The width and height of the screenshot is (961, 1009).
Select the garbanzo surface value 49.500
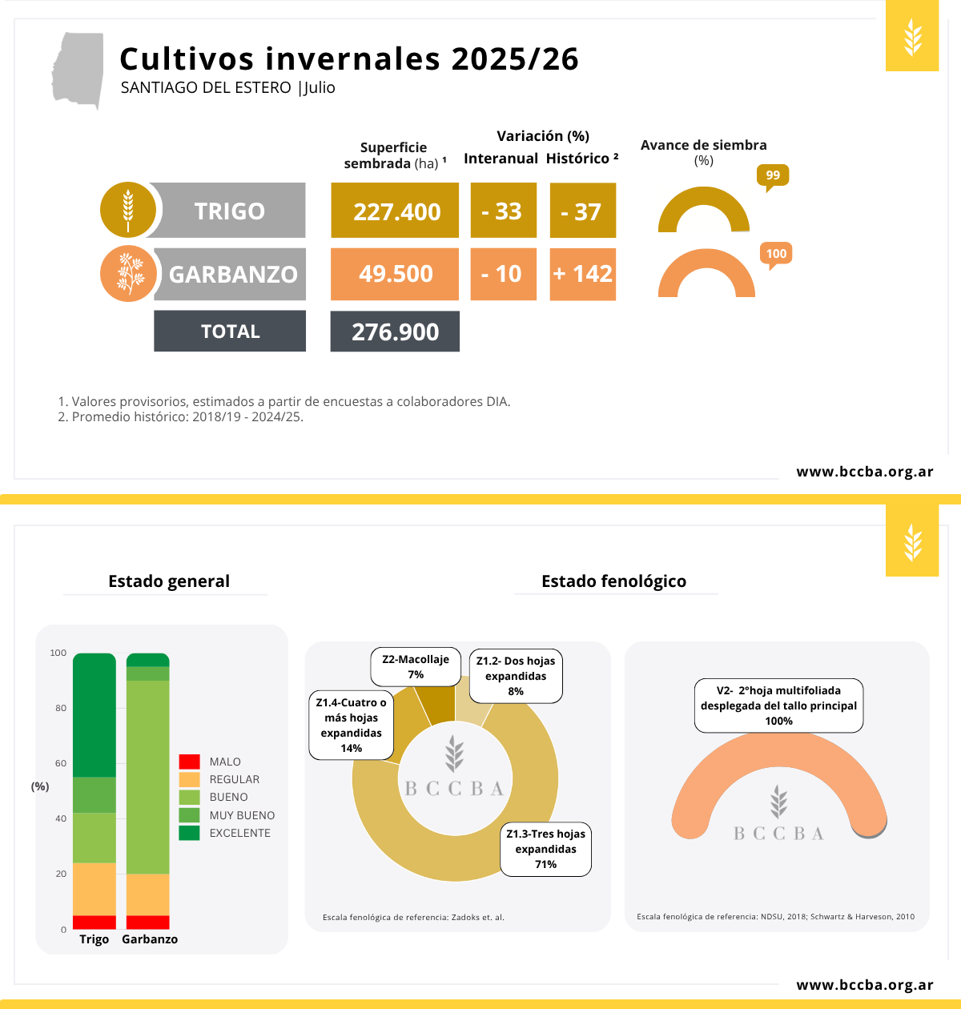coord(395,274)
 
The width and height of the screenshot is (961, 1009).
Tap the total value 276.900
coord(395,332)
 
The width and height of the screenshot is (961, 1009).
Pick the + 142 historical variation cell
coord(583,274)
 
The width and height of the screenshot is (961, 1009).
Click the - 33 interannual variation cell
coord(502,211)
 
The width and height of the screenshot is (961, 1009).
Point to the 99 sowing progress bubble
coord(773,175)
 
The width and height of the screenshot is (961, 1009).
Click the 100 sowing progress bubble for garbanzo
coord(776,254)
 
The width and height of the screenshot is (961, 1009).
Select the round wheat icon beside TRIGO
coord(128,210)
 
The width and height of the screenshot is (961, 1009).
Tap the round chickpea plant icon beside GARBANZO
coord(128,274)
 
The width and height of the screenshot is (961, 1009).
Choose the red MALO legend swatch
coord(189,762)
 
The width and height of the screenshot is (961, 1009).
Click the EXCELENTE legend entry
coord(239,833)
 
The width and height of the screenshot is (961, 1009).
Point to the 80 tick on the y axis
coord(61,708)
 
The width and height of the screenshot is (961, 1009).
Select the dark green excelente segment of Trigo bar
coord(94,714)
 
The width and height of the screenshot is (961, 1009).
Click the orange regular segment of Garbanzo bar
coord(148,894)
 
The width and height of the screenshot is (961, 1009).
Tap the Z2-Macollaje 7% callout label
coord(416,667)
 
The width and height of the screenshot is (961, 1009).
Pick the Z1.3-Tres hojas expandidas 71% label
coord(545,849)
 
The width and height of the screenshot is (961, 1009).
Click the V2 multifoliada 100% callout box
coord(778,705)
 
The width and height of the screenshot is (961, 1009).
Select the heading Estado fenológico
coord(613,581)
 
